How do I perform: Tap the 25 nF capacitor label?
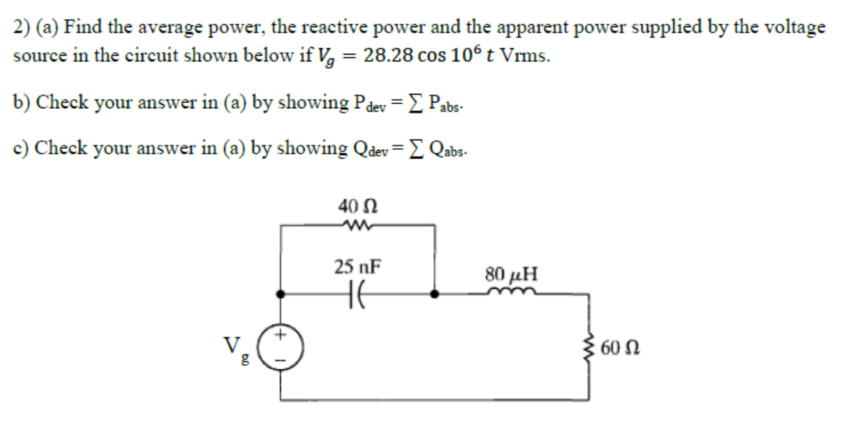(x=357, y=266)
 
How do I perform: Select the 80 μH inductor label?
(x=511, y=274)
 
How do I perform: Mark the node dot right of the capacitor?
(x=435, y=295)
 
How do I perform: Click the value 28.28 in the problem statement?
(x=387, y=56)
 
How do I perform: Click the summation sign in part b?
(x=422, y=103)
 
